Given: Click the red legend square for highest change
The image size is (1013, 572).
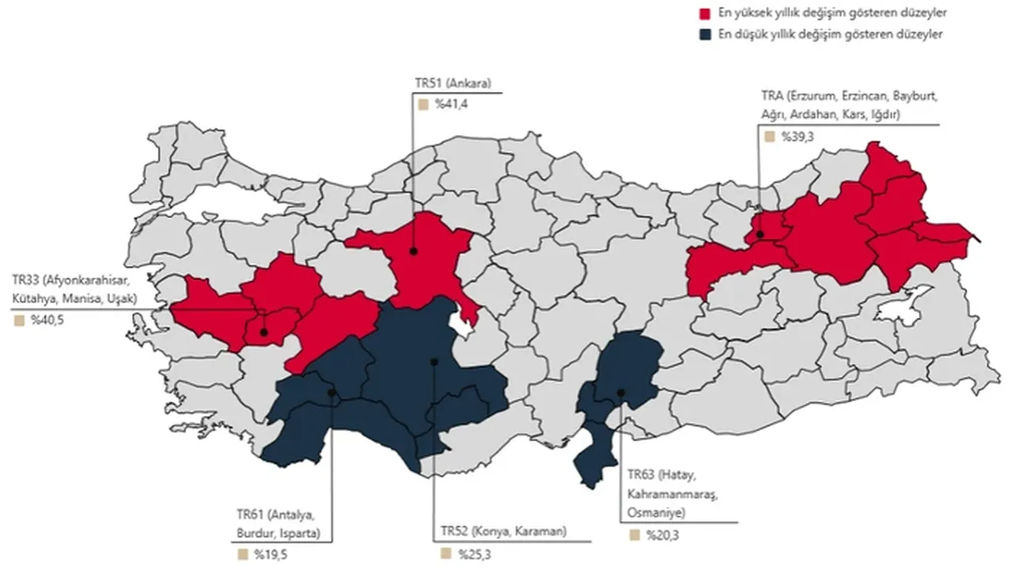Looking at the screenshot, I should point(703,13).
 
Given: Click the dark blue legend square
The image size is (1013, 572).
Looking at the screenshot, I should point(703,34).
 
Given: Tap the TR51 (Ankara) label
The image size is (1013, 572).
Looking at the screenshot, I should point(454,83).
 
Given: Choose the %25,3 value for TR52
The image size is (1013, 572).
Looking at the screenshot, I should point(471,553).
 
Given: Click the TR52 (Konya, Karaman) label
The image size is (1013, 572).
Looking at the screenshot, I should point(504,532).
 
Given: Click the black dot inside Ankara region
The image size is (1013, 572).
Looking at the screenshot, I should point(413,251).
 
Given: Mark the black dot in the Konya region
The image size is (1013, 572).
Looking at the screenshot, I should point(434,361).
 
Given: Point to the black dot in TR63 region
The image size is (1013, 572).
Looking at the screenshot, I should point(621,392).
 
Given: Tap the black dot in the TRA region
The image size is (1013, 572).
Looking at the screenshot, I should point(758,235).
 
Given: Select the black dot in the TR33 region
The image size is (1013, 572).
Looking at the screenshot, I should point(264,332).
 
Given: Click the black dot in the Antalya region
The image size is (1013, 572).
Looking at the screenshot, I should point(332,392).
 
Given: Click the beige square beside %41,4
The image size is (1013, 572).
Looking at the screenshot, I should point(423,104).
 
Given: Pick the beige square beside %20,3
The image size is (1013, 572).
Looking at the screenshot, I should point(634,536).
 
